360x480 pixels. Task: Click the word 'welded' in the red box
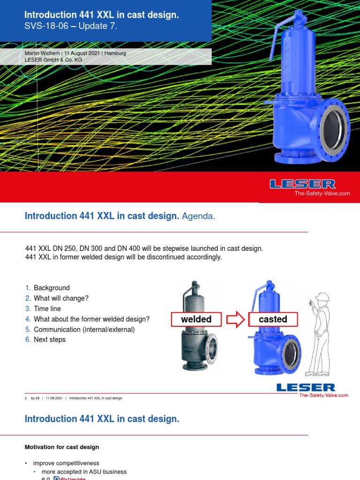pyautogui.click(x=196, y=319)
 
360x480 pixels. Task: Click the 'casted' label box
pyautogui.click(x=273, y=319)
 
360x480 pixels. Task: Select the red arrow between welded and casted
pyautogui.click(x=235, y=320)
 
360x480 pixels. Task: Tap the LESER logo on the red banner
pyautogui.click(x=302, y=184)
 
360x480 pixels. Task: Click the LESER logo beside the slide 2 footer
pyautogui.click(x=306, y=388)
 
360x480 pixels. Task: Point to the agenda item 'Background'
pyautogui.click(x=52, y=288)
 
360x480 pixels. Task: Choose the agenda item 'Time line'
pyautogui.click(x=47, y=309)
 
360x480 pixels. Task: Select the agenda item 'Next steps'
pyautogui.click(x=50, y=340)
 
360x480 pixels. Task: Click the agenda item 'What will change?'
pyautogui.click(x=61, y=299)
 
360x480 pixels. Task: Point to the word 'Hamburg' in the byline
pyautogui.click(x=115, y=53)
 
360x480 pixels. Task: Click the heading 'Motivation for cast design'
pyautogui.click(x=62, y=447)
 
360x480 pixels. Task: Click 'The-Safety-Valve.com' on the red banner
pyautogui.click(x=322, y=193)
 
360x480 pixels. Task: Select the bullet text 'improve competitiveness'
pyautogui.click(x=66, y=463)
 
